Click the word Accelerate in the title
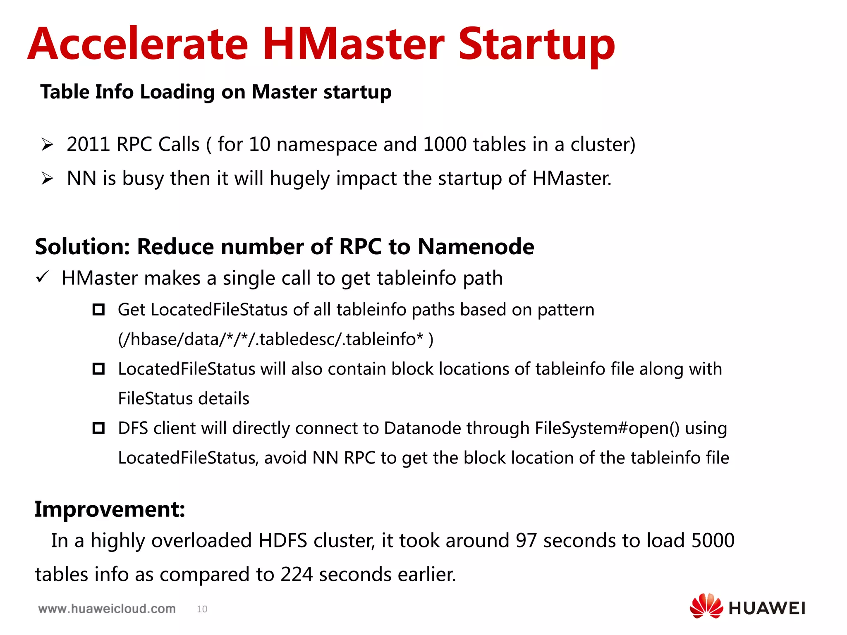pyautogui.click(x=138, y=44)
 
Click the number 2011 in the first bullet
pyautogui.click(x=88, y=145)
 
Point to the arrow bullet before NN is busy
pyautogui.click(x=48, y=179)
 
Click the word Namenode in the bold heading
pyautogui.click(x=476, y=247)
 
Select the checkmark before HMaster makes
pyautogui.click(x=43, y=277)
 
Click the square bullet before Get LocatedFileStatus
pyautogui.click(x=98, y=309)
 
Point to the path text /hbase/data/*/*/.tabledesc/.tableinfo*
pyautogui.click(x=275, y=339)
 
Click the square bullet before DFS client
pyautogui.click(x=98, y=428)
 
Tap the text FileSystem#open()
pyautogui.click(x=607, y=428)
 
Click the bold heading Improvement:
pyautogui.click(x=110, y=509)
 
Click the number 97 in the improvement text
pyautogui.click(x=526, y=541)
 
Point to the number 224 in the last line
pyautogui.click(x=297, y=575)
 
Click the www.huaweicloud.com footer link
pyautogui.click(x=107, y=609)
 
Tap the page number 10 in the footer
pyautogui.click(x=202, y=609)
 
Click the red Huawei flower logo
pyautogui.click(x=706, y=606)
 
